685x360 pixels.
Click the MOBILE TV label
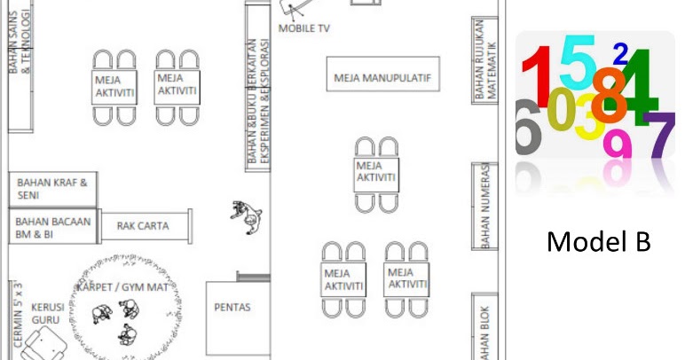click(x=304, y=28)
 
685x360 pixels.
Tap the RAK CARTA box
click(x=143, y=226)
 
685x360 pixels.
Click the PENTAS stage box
click(x=232, y=309)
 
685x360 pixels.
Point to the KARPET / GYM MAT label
click(x=122, y=287)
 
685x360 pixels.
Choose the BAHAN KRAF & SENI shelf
click(x=52, y=189)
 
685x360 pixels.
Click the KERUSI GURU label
click(x=46, y=313)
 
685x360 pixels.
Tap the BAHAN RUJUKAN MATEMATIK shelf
click(x=483, y=60)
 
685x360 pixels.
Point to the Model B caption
click(x=599, y=240)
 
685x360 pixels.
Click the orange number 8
click(x=608, y=97)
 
